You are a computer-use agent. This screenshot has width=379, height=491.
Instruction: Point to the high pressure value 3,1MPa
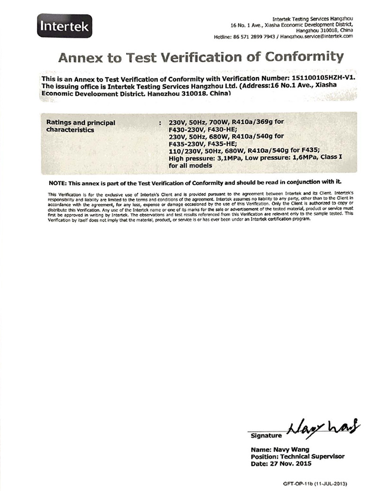[x=223, y=159]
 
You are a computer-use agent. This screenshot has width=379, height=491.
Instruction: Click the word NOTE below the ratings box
[x=58, y=183]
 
